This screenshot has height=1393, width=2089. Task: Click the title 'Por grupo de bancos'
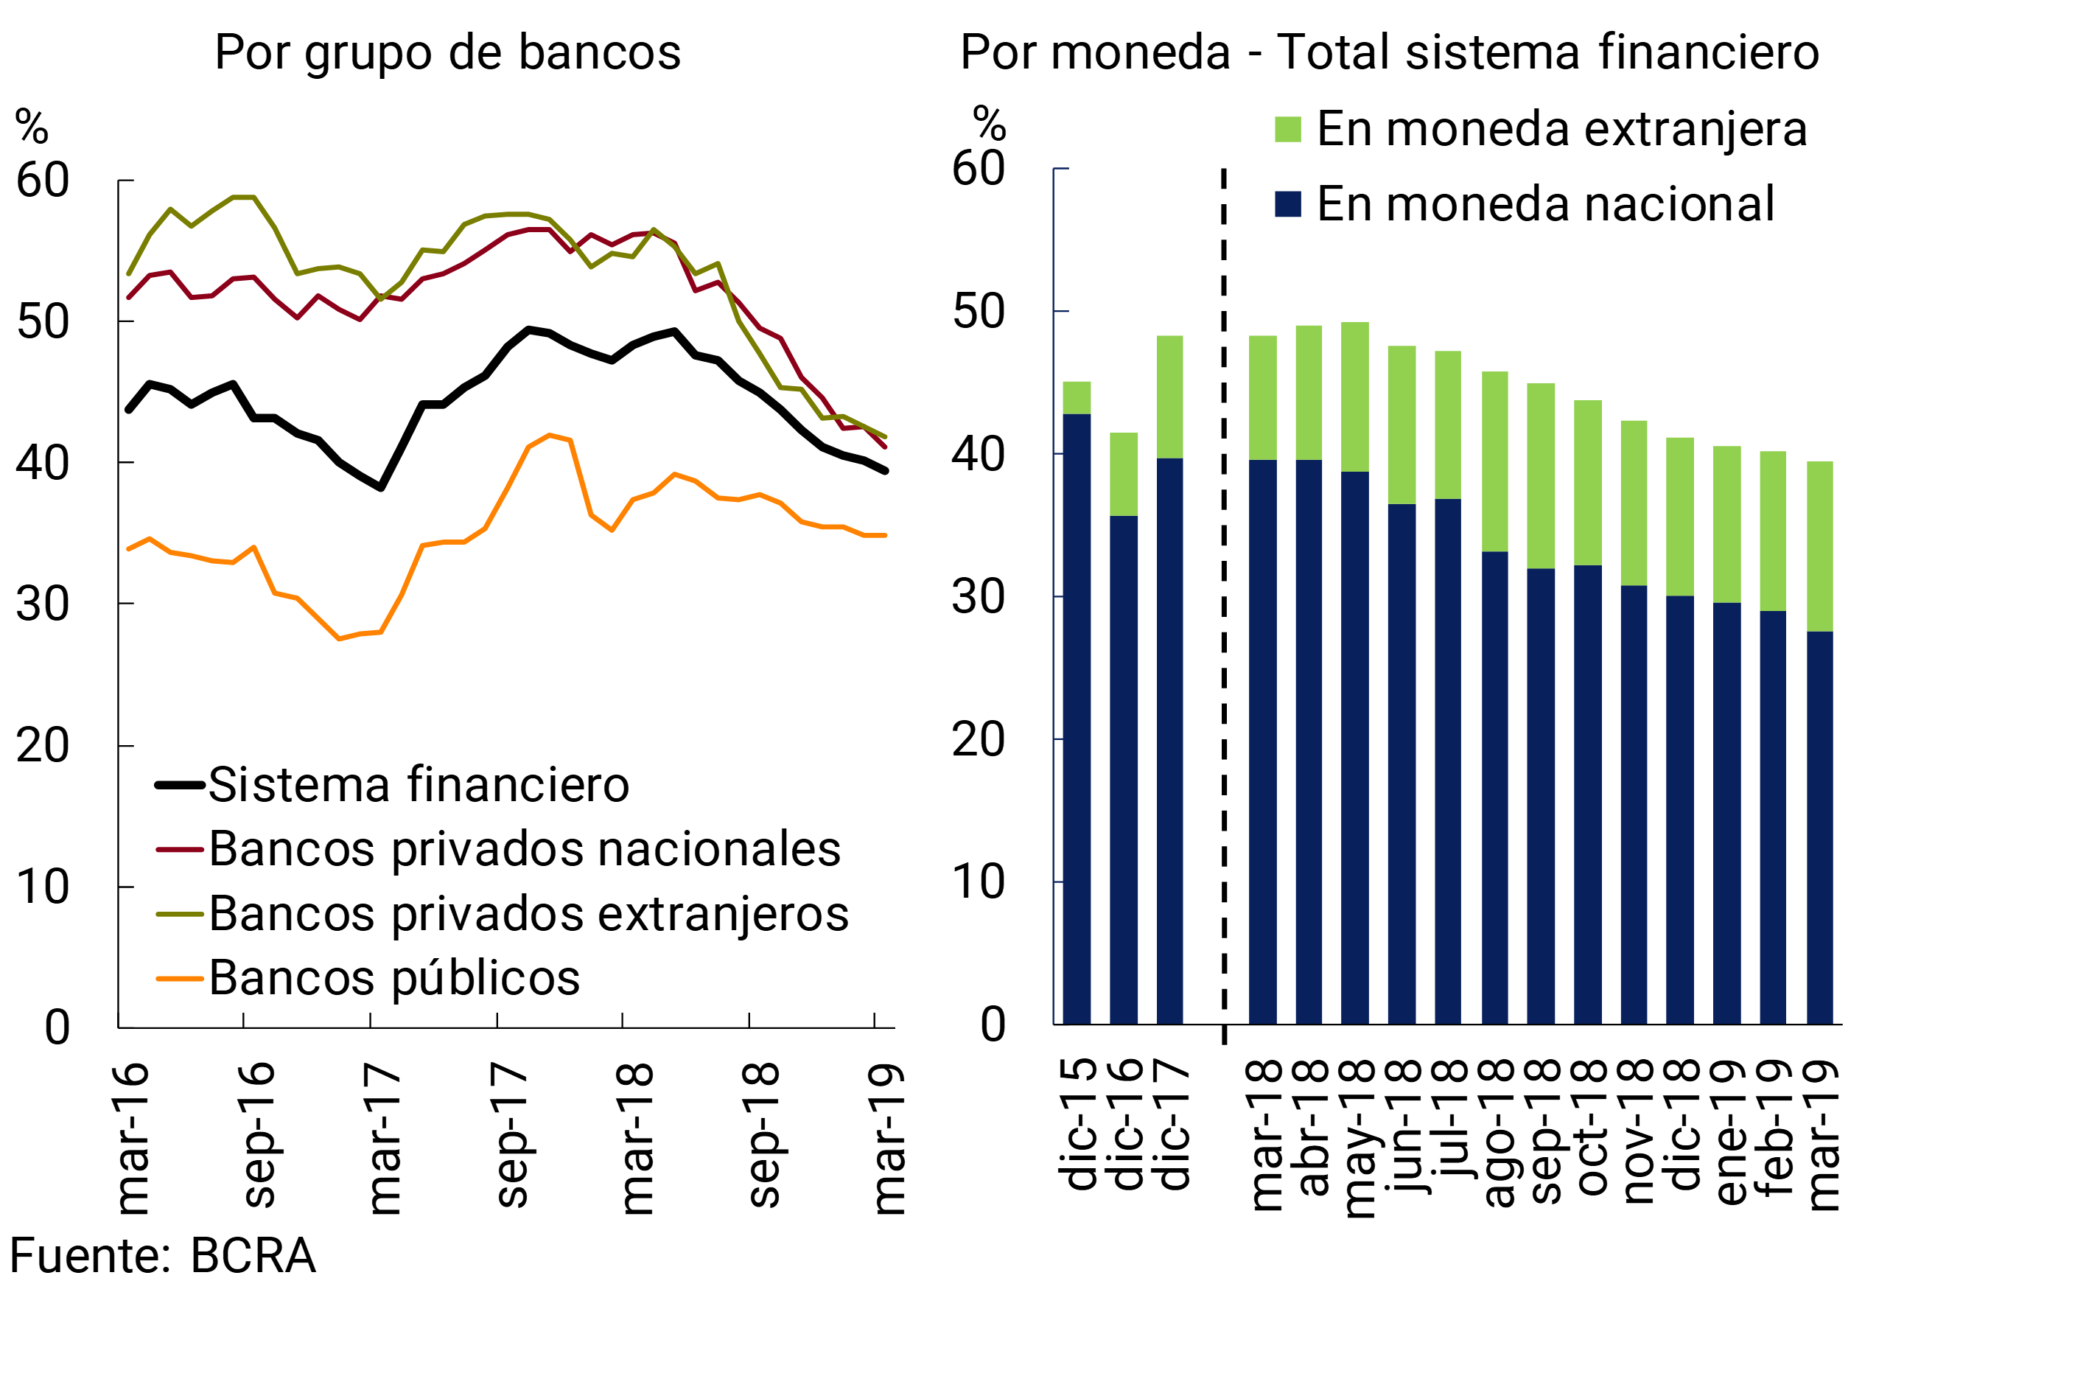(x=448, y=52)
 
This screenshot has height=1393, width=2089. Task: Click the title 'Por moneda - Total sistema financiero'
(x=1390, y=52)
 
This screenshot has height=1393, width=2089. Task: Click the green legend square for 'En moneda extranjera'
(x=1288, y=130)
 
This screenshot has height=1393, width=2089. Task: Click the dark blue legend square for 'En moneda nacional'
(x=1288, y=204)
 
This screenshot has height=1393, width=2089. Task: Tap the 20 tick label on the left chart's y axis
(x=43, y=746)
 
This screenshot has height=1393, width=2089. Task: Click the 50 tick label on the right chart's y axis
(x=978, y=313)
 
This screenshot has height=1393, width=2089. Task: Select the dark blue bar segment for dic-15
(x=1077, y=719)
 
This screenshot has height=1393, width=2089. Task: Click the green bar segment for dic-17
(x=1169, y=397)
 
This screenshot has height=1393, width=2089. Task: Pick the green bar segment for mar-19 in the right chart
(x=1820, y=546)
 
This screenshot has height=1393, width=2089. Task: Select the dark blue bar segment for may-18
(x=1354, y=748)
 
